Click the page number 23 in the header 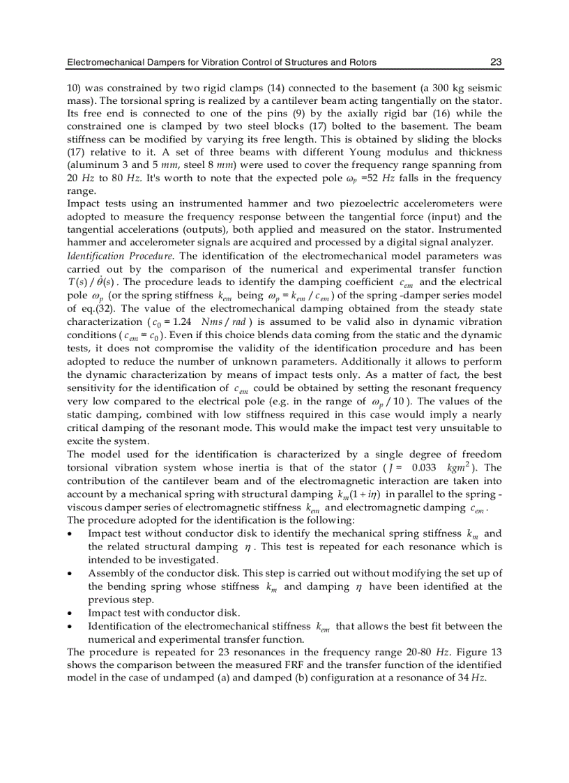(x=496, y=62)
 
